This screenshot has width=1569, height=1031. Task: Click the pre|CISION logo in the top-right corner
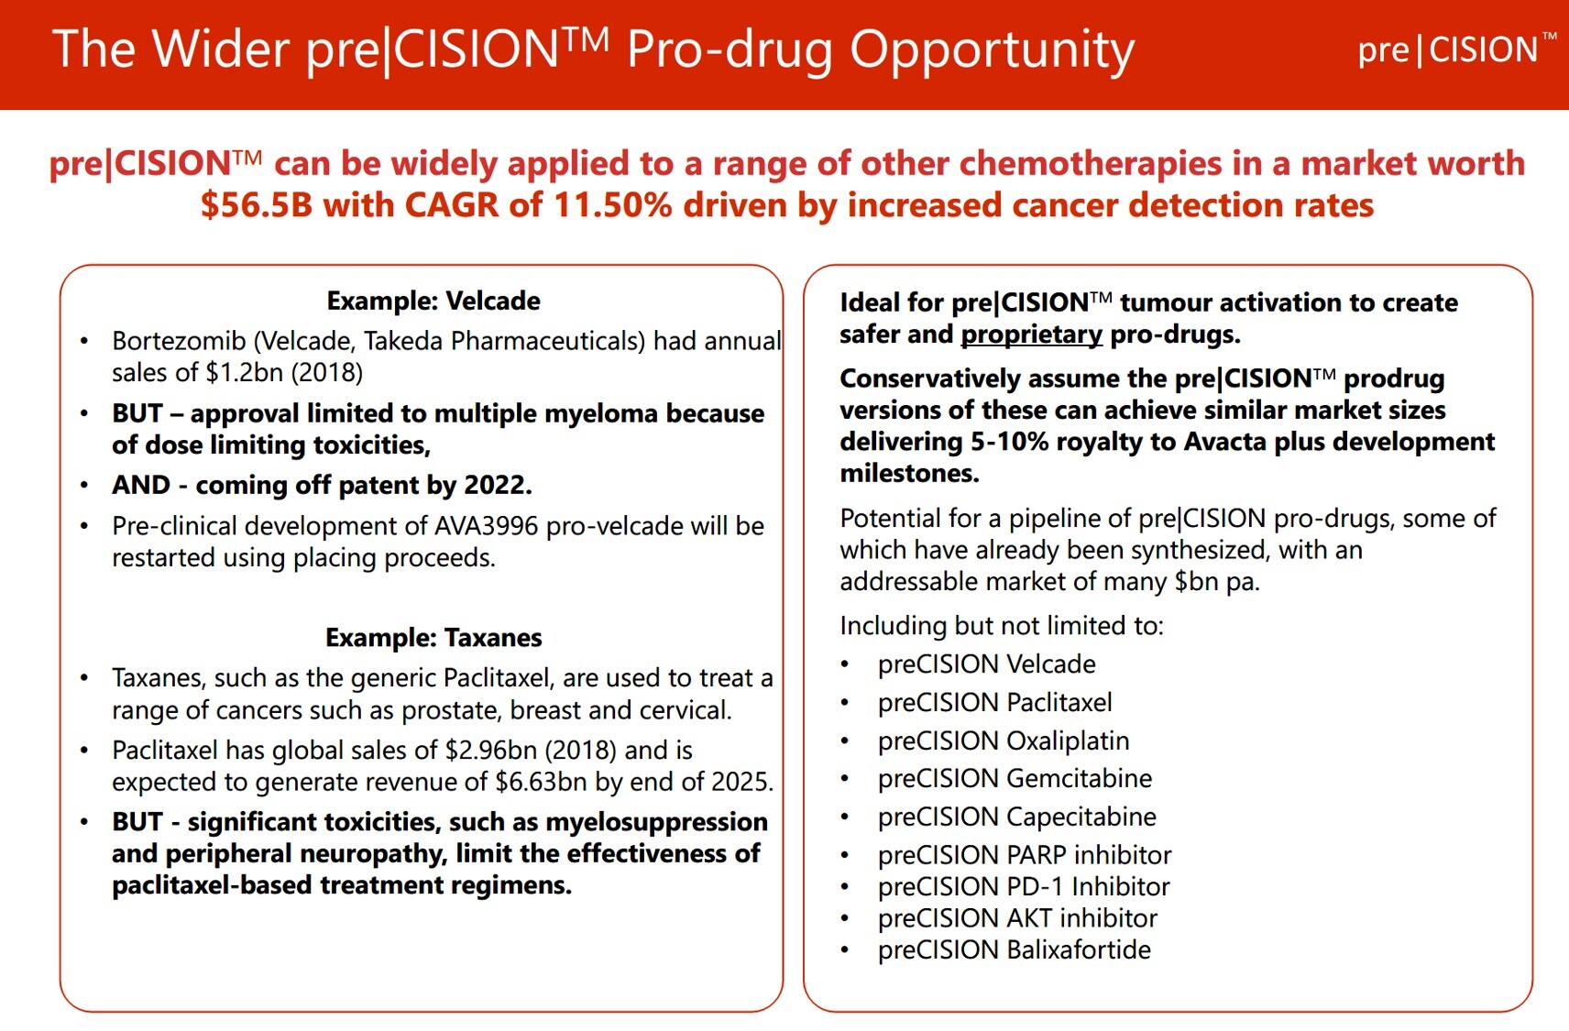1455,49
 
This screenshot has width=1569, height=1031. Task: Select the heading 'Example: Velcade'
433,301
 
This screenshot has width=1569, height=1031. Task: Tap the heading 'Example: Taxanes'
433,637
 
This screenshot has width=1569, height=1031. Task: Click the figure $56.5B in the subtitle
256,205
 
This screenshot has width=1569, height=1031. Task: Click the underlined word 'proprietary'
1031,335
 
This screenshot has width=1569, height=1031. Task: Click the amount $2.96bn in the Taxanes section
491,751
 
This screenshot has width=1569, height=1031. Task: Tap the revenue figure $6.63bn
541,782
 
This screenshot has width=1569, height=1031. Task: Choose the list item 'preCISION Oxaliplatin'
1003,740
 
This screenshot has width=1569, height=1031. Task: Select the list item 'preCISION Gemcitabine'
1015,778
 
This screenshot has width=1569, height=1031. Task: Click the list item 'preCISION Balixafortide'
1014,949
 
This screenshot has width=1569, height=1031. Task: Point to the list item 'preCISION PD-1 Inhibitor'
1023,886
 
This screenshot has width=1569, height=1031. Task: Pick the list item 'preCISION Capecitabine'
1016,817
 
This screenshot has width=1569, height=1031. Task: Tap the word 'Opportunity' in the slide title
992,49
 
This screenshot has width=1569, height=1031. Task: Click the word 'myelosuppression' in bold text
656,822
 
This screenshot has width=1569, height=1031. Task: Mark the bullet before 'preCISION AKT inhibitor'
845,919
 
